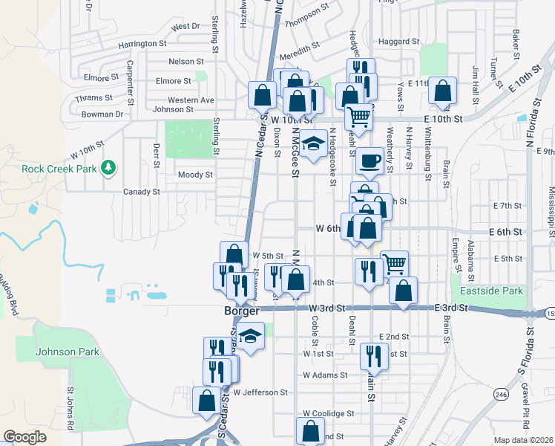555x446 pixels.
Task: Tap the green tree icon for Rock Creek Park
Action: pyautogui.click(x=110, y=167)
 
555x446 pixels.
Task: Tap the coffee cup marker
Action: pyautogui.click(x=369, y=159)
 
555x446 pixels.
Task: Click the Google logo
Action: pyautogui.click(x=24, y=437)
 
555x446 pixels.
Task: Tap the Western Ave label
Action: pyautogui.click(x=191, y=100)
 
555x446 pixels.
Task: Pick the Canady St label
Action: pyautogui.click(x=142, y=192)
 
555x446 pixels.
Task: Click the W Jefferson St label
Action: pyautogui.click(x=260, y=392)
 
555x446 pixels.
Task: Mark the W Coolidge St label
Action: pyautogui.click(x=329, y=413)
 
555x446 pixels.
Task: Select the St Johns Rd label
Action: pyautogui.click(x=71, y=408)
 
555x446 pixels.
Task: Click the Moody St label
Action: pyautogui.click(x=195, y=175)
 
